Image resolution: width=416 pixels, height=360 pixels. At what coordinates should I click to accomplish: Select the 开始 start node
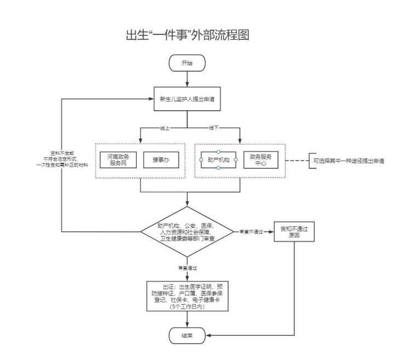tap(187, 64)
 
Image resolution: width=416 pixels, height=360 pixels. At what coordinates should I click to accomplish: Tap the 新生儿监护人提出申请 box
tap(187, 100)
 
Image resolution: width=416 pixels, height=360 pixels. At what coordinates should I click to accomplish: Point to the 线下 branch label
tap(215, 128)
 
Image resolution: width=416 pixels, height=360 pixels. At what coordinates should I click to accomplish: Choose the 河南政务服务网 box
tap(118, 160)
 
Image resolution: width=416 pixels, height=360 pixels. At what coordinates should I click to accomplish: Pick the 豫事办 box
tap(159, 160)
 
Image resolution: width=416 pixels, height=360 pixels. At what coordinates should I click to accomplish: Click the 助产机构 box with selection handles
tap(218, 159)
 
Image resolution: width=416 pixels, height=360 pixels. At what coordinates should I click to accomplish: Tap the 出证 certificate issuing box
tap(187, 296)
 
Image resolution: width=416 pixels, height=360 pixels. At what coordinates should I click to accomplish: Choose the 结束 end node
tap(187, 334)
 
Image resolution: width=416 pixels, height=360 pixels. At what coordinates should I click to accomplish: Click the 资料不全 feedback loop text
tap(67, 158)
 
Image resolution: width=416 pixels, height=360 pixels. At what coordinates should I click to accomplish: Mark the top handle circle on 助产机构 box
tap(218, 151)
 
